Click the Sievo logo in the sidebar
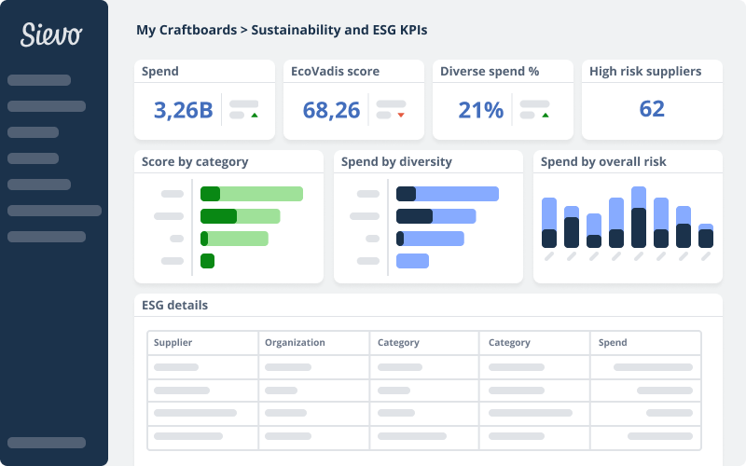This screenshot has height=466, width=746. coord(52,35)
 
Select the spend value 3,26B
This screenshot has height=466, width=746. coord(183,110)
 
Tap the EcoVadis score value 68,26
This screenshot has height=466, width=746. coord(331,110)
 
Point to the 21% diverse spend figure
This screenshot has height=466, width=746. coord(480,110)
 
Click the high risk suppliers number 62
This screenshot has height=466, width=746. coord(652,109)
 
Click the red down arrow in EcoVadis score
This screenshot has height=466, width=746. coord(401,116)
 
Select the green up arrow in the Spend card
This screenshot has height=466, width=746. coord(254,116)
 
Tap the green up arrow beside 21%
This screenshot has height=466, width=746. coord(545,116)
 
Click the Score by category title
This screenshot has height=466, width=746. coord(195,161)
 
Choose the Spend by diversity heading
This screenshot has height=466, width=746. coord(396,161)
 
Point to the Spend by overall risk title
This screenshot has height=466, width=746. coord(603,161)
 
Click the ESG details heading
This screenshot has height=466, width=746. coord(174,305)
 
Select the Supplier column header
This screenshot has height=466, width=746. coord(173,342)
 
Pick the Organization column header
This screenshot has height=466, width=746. coord(295,342)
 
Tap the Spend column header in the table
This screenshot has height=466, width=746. coord(613,342)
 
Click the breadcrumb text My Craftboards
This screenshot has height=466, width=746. coord(186,30)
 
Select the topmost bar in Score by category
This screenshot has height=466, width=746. coord(252,194)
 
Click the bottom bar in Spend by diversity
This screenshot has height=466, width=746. coord(412,261)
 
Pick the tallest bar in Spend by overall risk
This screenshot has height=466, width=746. coord(639,217)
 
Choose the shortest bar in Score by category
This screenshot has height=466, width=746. coord(208,261)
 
